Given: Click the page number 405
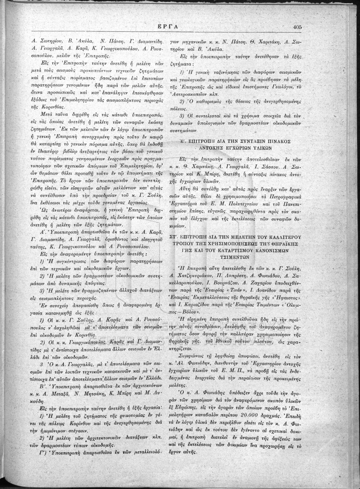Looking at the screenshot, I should tap(297, 27).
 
